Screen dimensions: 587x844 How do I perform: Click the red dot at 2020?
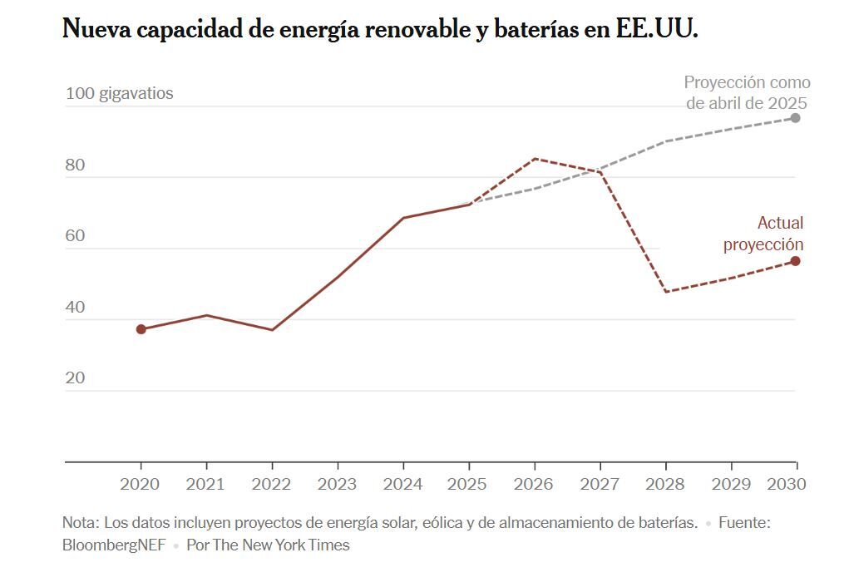point(141,329)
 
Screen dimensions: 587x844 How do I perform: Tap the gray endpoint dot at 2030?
point(795,118)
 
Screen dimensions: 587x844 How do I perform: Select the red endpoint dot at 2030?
point(795,261)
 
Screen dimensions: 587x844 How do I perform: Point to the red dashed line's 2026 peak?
point(535,159)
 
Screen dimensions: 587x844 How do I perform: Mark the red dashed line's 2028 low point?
point(665,292)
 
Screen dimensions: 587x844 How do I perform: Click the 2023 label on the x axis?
point(337,484)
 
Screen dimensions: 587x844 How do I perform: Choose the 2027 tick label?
point(600,484)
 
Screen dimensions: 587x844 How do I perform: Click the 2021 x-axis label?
point(205,484)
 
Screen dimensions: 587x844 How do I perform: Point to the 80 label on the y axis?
point(76,165)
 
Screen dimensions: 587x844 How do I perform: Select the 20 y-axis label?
point(76,378)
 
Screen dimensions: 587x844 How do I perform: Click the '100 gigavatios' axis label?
point(120,93)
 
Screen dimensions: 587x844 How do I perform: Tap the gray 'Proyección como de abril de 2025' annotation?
point(747,93)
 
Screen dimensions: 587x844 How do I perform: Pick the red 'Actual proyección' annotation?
point(763,234)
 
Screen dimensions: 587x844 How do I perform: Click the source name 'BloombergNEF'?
point(115,545)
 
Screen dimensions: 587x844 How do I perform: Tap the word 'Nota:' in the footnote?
point(81,523)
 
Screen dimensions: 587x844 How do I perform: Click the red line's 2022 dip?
point(272,330)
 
